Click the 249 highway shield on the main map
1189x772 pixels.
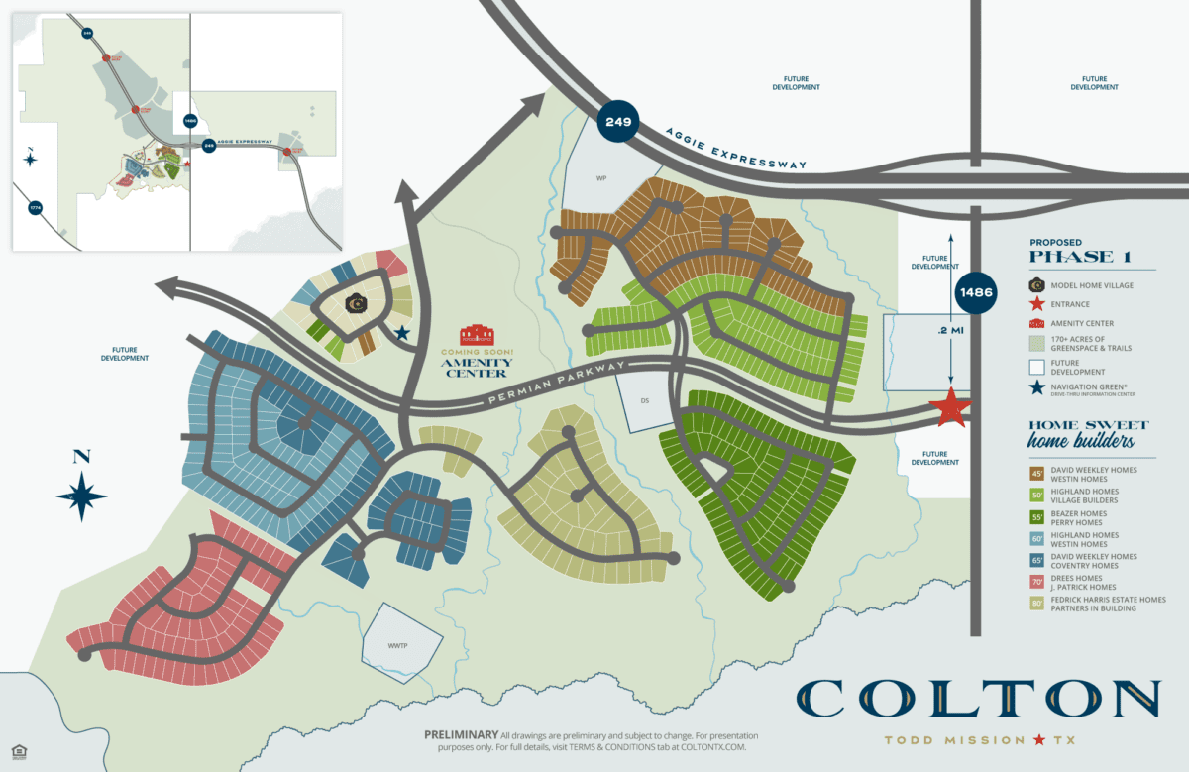point(618,124)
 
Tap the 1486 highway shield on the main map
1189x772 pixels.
point(977,292)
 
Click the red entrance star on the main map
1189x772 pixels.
point(951,407)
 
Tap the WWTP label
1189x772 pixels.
point(398,645)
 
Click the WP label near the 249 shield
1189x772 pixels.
point(600,178)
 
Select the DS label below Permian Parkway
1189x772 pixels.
point(644,401)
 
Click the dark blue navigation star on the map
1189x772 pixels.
point(402,333)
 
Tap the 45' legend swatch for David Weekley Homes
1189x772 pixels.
point(1036,475)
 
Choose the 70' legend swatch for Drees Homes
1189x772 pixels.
point(1036,583)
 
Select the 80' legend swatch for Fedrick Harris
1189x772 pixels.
point(1036,604)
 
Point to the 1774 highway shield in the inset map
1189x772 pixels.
point(36,209)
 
